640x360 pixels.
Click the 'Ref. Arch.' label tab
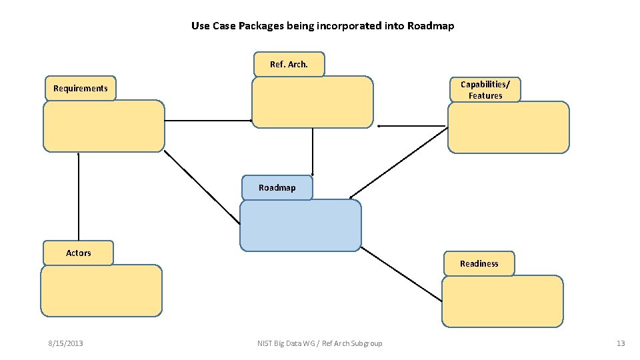coord(289,65)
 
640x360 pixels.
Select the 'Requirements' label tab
coord(81,88)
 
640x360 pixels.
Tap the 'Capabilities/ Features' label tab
coord(485,90)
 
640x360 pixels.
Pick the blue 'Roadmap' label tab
coord(277,188)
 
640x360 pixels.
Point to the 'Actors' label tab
coord(78,253)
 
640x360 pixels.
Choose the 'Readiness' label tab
coord(479,263)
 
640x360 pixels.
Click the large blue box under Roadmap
coord(300,226)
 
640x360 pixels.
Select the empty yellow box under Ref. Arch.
coord(312,102)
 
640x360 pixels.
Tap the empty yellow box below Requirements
coord(103,126)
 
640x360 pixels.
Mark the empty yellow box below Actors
coord(101,291)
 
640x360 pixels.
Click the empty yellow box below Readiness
coord(502,301)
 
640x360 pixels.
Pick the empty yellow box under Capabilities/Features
coord(509,127)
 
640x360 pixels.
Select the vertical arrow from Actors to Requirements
coord(79,197)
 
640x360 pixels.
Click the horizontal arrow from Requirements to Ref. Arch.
coord(208,121)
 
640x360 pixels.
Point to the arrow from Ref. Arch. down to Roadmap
coord(313,151)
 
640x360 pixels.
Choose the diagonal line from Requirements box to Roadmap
coord(202,187)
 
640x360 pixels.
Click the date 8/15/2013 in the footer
coord(65,343)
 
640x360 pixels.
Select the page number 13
coord(621,343)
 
